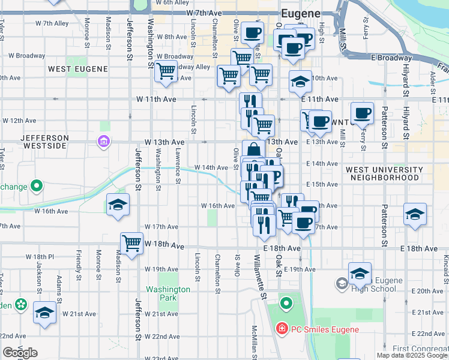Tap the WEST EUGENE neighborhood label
[x=78, y=69]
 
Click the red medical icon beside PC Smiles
[x=281, y=329]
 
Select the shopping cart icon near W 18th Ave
[x=131, y=243]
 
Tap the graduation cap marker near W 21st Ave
[x=44, y=313]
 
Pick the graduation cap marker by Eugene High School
[x=360, y=274]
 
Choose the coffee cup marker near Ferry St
[x=362, y=113]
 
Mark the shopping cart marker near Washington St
[x=166, y=71]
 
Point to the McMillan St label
[x=255, y=342]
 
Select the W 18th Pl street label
[x=40, y=257]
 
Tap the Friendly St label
[x=78, y=263]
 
